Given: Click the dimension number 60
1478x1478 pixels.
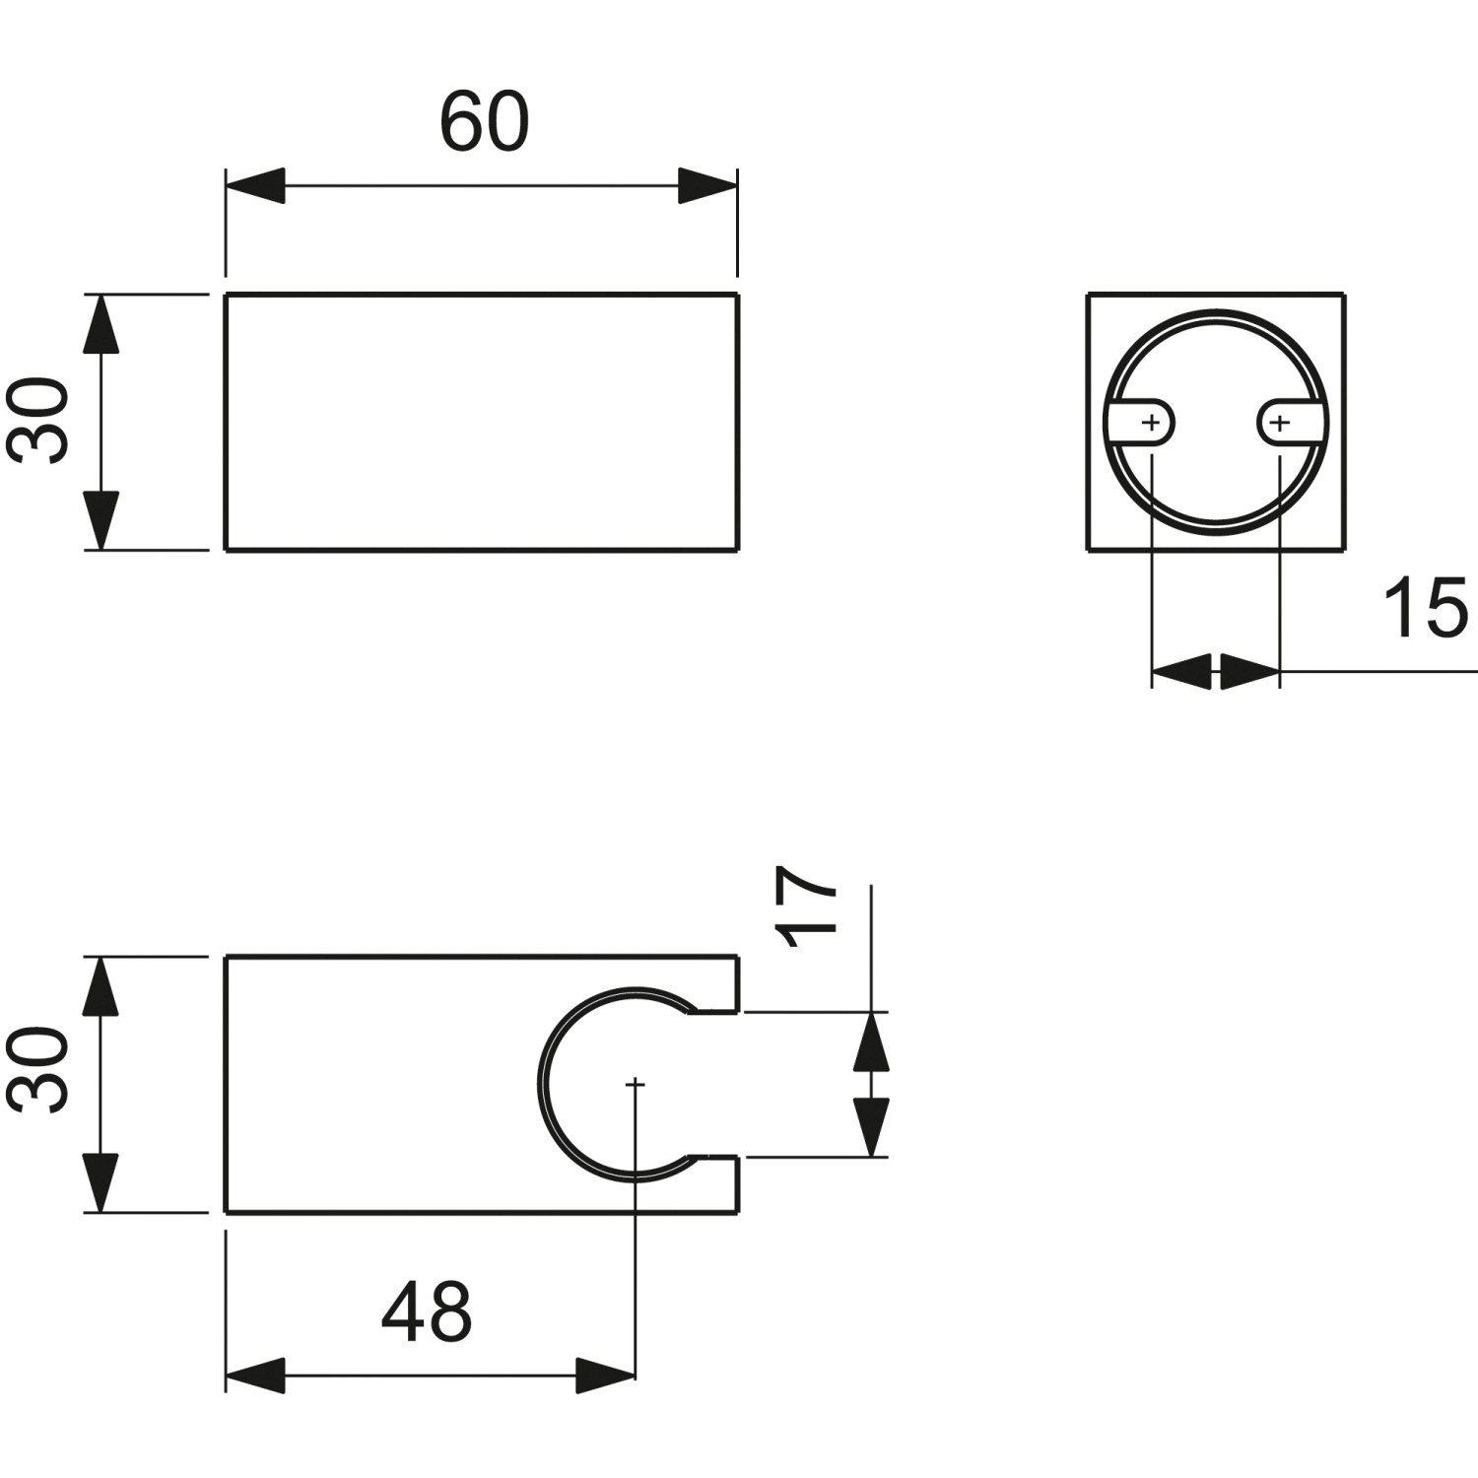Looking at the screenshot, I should pos(484,122).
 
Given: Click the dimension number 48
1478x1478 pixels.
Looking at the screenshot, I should pos(427,1312).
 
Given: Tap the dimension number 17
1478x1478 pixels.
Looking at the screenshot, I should pos(807,907).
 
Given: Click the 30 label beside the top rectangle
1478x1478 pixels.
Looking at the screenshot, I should pos(39,421).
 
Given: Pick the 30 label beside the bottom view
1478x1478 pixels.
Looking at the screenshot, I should pos(39,1071).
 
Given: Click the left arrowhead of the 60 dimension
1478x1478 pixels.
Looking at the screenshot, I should pos(255,185).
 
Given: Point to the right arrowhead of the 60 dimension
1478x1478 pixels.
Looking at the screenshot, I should pos(707,185).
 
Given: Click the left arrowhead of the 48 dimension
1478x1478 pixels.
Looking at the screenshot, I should pos(255,1376).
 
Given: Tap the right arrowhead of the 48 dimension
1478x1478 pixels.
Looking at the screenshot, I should pos(606,1376).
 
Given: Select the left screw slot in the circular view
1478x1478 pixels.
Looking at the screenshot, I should pos(1143,424).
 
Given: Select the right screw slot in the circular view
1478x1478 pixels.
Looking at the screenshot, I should pos(1286,424).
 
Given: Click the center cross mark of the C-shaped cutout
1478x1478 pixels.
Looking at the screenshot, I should pos(636,1084).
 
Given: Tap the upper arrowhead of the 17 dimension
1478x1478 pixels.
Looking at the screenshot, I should pos(871,1042).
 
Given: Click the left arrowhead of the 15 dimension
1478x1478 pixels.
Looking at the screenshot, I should pos(1181,671).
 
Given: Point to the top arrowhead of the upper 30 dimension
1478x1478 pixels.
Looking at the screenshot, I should pos(101,323).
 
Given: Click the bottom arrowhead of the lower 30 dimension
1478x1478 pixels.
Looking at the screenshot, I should pos(101,1183).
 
